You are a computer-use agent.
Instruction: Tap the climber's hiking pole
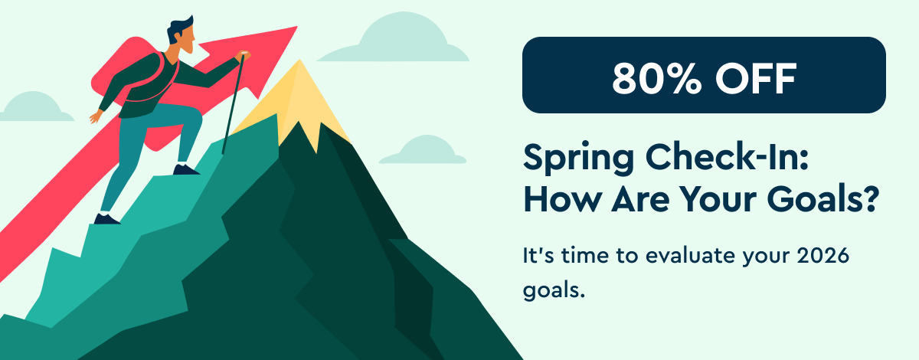233,107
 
